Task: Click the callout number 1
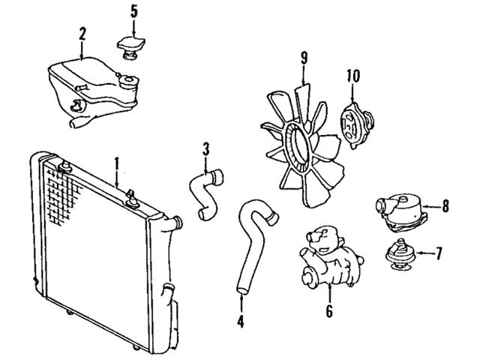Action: click(116, 162)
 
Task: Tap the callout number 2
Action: click(82, 33)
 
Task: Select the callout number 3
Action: click(205, 148)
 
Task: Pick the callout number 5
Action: click(134, 10)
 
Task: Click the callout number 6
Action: click(328, 310)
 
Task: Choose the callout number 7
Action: click(439, 253)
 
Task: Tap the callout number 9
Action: click(304, 58)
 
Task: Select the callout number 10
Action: click(354, 75)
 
